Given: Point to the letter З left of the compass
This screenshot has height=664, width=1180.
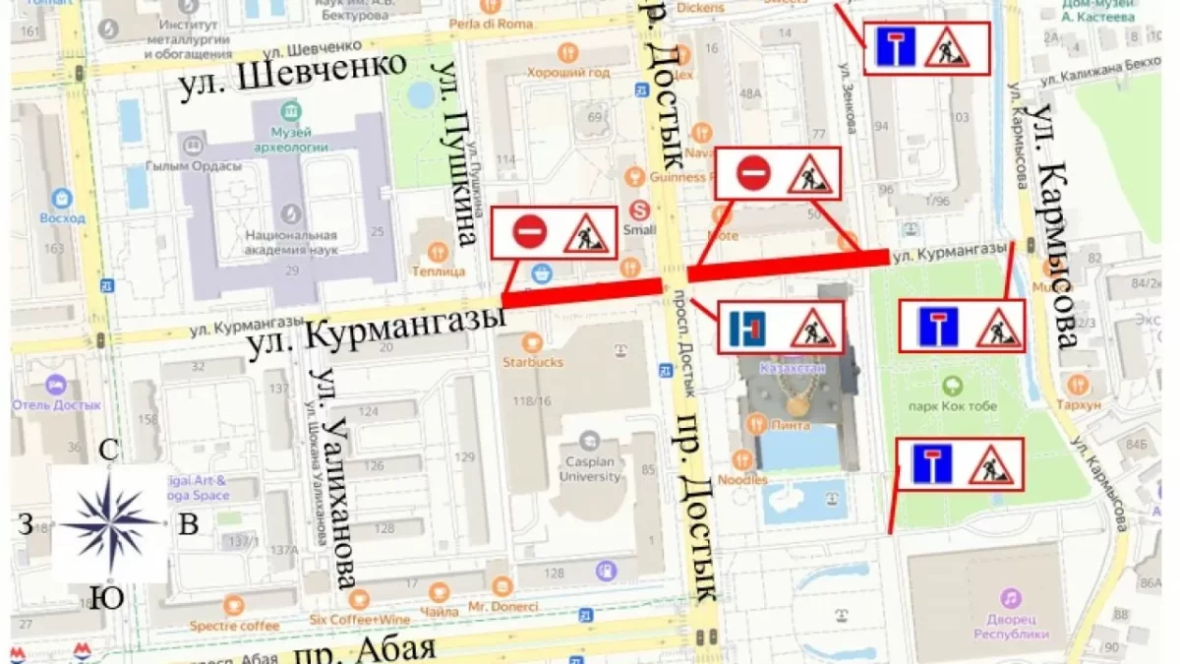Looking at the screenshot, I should click(x=25, y=524).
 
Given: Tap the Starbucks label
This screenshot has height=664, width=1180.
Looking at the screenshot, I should click(x=533, y=362).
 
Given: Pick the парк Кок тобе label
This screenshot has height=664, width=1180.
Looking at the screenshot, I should click(x=953, y=406).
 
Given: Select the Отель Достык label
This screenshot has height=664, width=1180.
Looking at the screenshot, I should click(x=57, y=404).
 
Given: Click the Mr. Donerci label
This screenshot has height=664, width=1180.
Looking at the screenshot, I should click(x=502, y=606).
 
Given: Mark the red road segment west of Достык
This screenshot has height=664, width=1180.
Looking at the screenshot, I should click(x=581, y=292).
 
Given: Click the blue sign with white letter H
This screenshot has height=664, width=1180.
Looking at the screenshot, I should click(x=747, y=328).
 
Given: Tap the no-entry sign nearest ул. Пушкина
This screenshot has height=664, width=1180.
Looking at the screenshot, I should click(x=528, y=233).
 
